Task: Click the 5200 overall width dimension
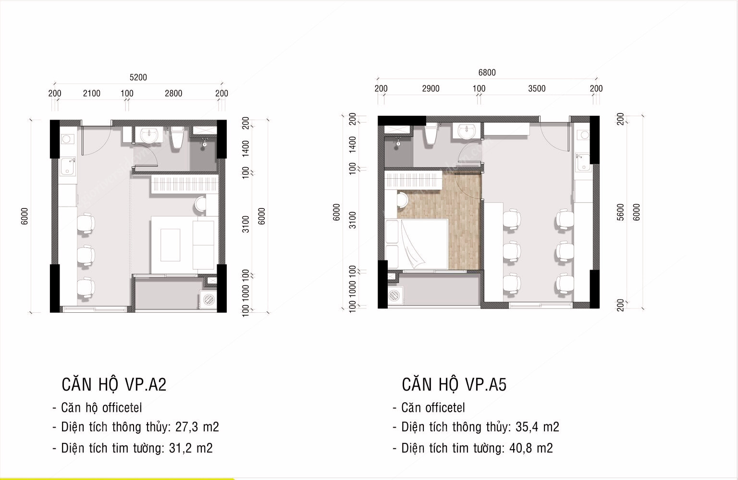(138, 77)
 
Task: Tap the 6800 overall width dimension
(487, 73)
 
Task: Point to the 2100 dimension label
(91, 93)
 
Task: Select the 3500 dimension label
(537, 88)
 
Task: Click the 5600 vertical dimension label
(620, 212)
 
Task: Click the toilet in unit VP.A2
(177, 137)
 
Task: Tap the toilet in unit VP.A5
(430, 134)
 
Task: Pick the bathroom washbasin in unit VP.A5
(467, 131)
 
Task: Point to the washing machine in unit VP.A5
(394, 295)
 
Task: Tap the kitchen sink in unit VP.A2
(68, 167)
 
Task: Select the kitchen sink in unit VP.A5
(583, 162)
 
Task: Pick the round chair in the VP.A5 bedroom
(402, 199)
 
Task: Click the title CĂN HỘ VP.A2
(114, 384)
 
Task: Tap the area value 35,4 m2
(537, 427)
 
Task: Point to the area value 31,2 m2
(191, 448)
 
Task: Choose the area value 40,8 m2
(531, 448)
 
